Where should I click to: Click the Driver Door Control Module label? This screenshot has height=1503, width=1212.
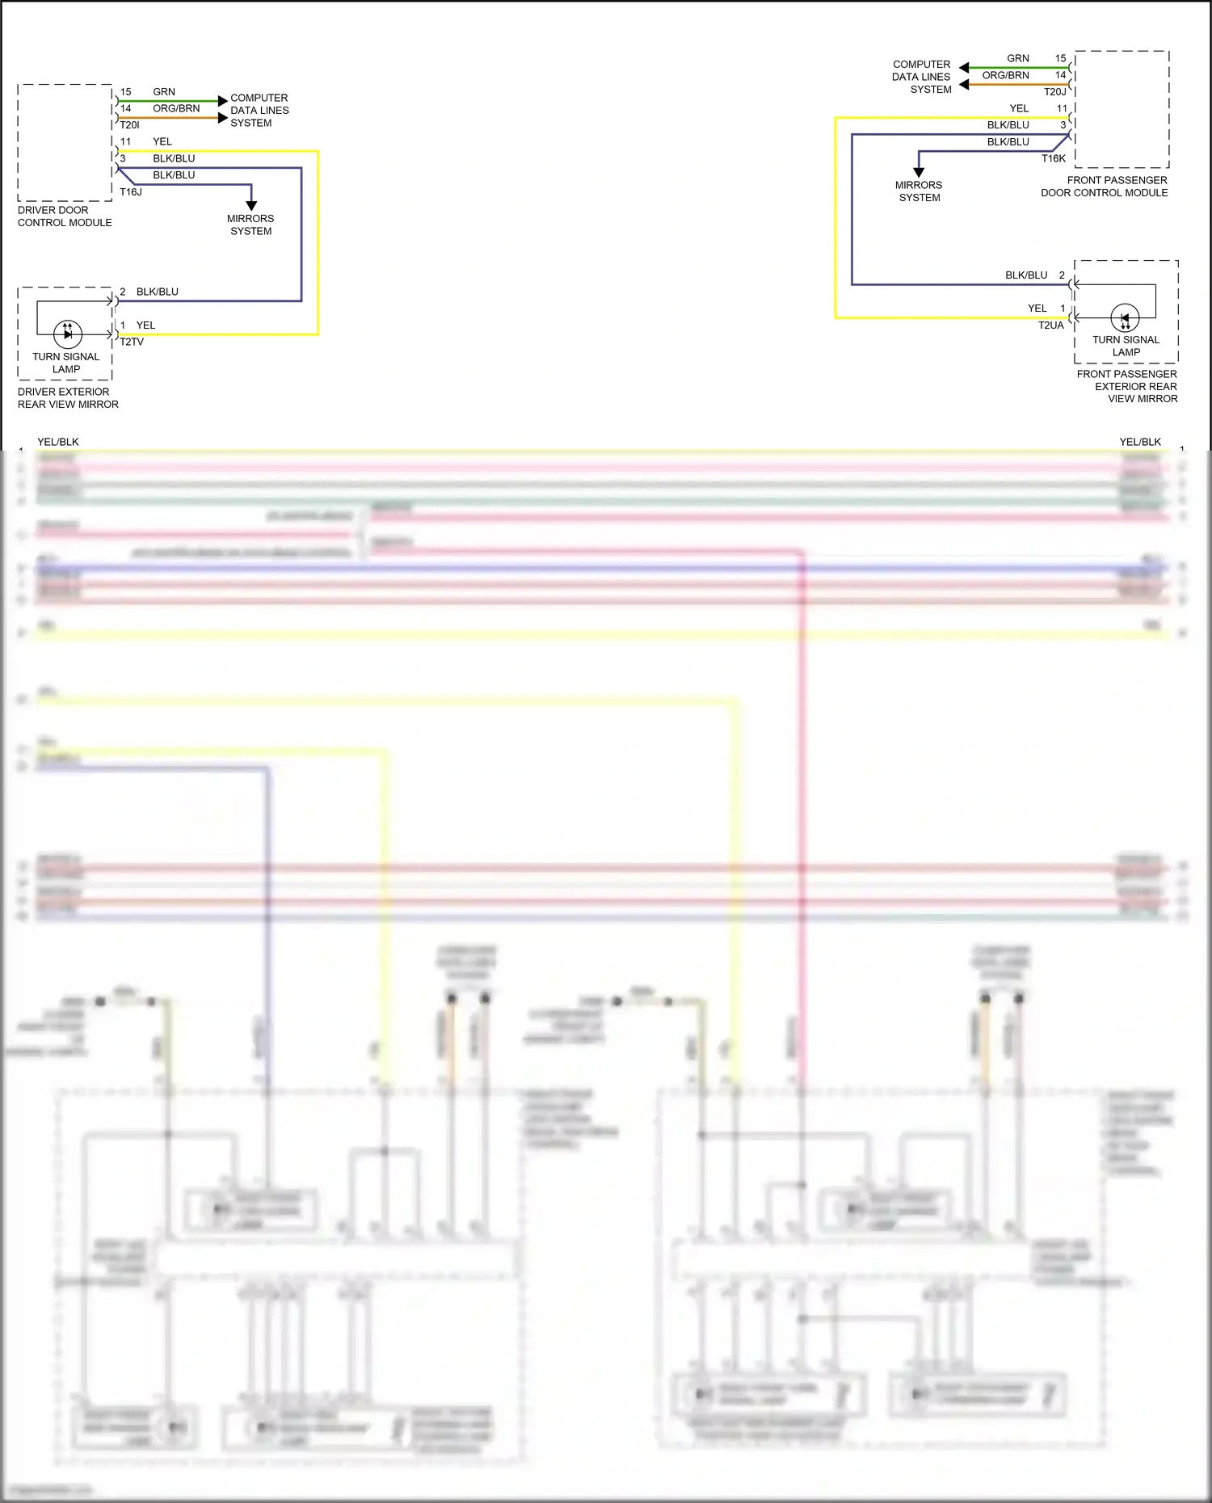(x=65, y=216)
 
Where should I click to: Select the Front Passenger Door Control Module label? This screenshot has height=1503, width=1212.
(x=1105, y=187)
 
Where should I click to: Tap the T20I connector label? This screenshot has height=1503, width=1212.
(x=129, y=125)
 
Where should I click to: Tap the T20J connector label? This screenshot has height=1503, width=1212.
(x=1054, y=92)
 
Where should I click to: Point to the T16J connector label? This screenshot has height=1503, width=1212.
(x=131, y=192)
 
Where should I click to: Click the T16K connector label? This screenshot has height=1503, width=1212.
(x=1053, y=158)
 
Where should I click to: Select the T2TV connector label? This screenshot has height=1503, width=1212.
(x=132, y=342)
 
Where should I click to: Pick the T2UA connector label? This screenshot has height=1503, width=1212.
(x=1050, y=325)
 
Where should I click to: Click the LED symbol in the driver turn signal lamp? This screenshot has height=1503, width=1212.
(x=68, y=333)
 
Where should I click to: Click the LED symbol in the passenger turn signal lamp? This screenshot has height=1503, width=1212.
(x=1125, y=317)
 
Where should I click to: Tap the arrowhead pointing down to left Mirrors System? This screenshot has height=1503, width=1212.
(x=251, y=206)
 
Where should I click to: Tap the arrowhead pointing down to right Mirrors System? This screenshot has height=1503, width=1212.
(x=919, y=172)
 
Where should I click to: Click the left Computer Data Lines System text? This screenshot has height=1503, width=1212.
(x=259, y=111)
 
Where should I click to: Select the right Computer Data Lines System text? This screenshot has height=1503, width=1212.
(x=922, y=77)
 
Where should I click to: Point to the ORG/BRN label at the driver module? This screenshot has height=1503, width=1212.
(x=176, y=108)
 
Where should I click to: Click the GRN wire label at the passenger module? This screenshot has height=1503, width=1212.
(x=1017, y=58)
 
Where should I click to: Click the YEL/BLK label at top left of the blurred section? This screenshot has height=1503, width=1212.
(x=58, y=442)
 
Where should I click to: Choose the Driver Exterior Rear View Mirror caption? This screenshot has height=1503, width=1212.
(x=68, y=398)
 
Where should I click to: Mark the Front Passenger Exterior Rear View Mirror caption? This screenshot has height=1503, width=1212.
(x=1127, y=386)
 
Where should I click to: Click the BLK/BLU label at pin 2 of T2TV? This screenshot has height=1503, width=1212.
(x=158, y=292)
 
